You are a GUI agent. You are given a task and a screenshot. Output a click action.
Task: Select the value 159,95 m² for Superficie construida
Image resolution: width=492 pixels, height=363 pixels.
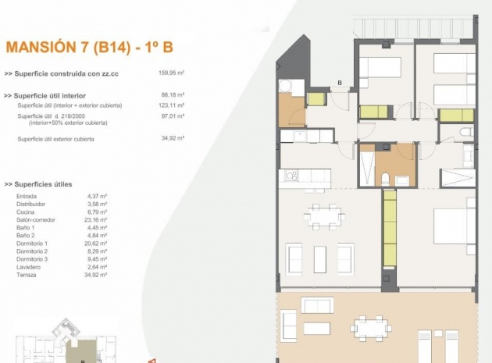point(170,73)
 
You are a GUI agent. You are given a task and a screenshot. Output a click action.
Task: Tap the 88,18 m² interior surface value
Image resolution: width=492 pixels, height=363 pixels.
point(171,96)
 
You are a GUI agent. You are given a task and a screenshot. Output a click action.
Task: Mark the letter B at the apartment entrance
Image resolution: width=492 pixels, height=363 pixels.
point(340,82)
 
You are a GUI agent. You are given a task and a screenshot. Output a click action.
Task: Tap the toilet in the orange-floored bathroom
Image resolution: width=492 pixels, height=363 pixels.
point(401,180)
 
